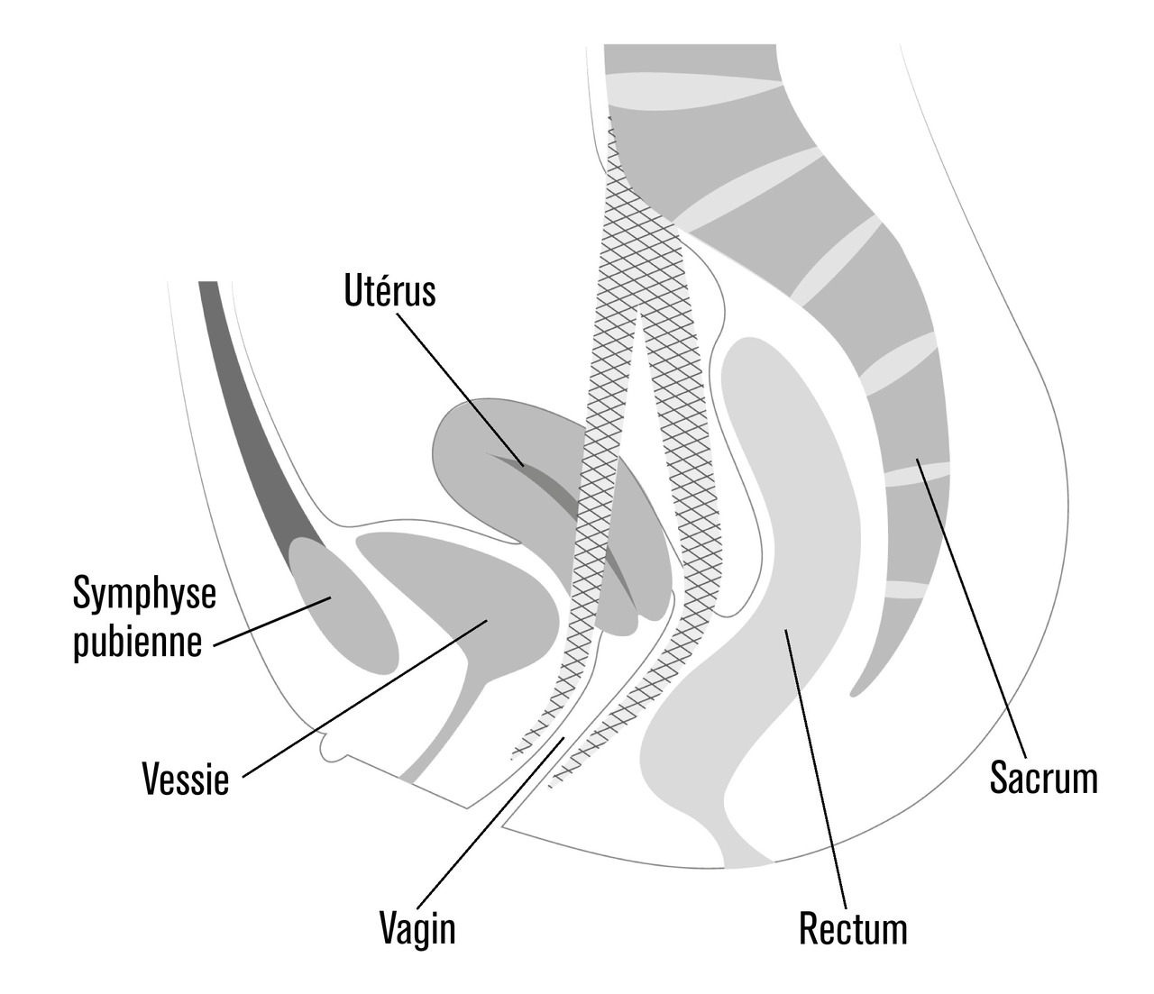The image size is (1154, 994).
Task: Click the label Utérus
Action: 389,291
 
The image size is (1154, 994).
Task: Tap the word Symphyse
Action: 144,594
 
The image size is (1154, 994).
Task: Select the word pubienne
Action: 137,642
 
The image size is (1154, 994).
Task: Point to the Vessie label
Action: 186,778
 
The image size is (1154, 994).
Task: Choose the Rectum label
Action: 853,927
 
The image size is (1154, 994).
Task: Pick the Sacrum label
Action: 1044,776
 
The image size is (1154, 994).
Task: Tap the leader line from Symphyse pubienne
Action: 270,621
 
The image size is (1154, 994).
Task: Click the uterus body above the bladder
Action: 487,451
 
